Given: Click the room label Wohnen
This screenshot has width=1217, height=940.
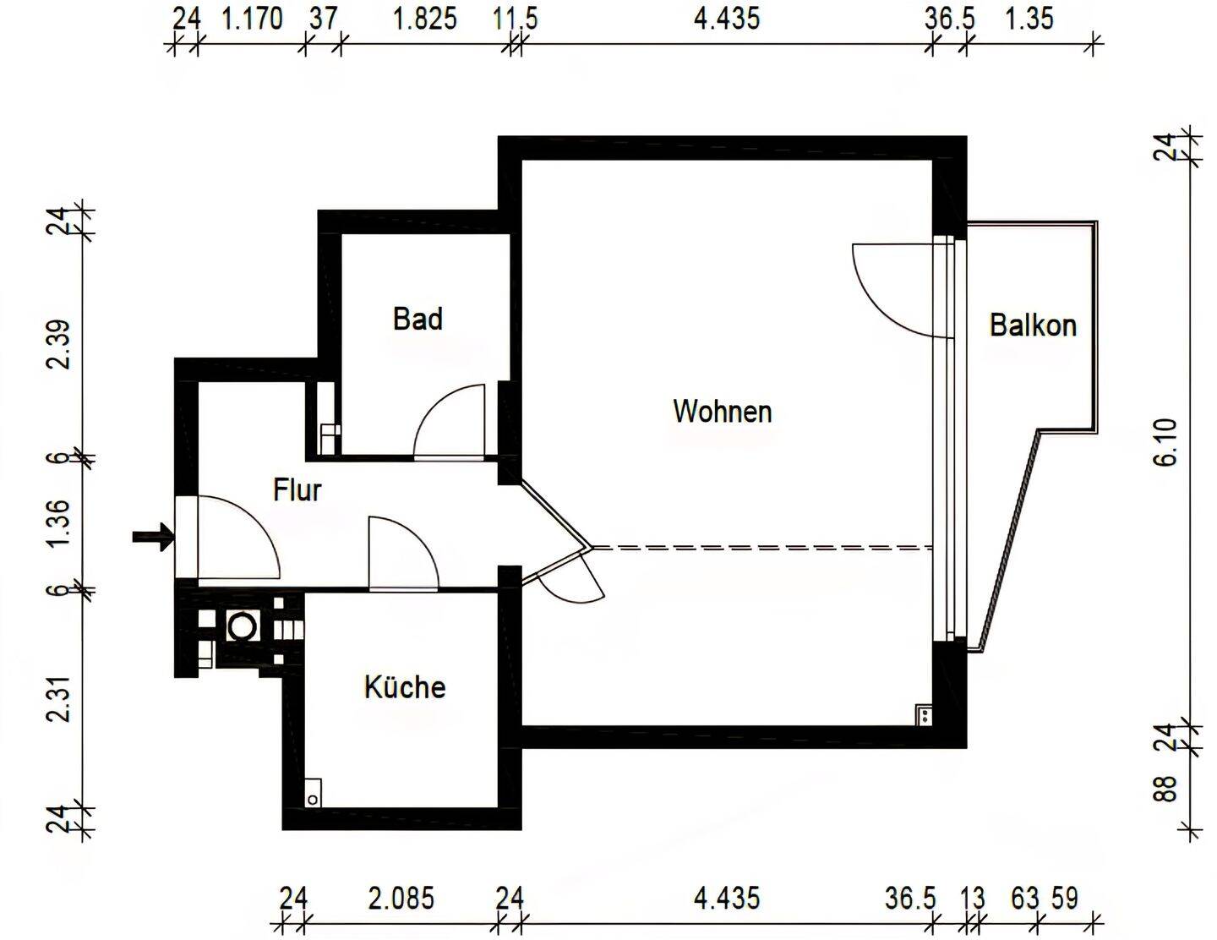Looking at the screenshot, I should [723, 412].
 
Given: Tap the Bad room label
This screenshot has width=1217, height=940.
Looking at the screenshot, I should [417, 319].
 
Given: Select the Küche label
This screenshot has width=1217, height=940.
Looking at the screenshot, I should [405, 686].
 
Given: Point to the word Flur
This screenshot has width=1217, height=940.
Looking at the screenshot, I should [297, 489].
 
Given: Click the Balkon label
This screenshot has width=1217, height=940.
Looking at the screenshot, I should [1033, 325].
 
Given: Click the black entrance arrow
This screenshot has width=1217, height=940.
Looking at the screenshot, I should [153, 536].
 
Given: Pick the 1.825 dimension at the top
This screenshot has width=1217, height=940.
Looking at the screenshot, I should [425, 18].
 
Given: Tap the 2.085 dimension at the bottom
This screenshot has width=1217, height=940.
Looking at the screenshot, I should [401, 898].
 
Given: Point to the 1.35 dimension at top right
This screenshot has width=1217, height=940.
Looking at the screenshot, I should [1029, 18].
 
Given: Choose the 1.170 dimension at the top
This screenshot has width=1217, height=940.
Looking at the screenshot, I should [251, 18].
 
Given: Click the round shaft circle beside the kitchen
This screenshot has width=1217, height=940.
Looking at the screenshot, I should [243, 626].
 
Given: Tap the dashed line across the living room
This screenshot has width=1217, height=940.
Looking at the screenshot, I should [761, 549].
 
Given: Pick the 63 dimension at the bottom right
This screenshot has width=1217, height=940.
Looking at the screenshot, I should [1024, 898].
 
